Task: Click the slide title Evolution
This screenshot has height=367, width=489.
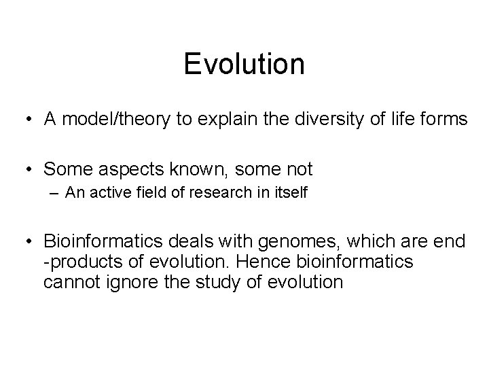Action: coord(244,64)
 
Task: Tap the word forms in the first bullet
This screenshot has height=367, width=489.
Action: coord(443,120)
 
